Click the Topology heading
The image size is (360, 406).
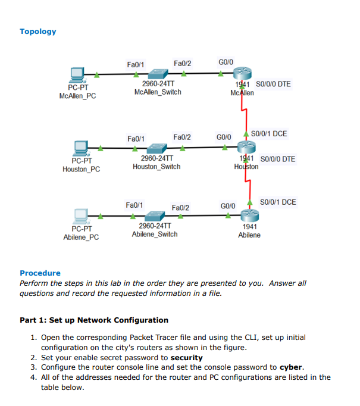click(38, 32)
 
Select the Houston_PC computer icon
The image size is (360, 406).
click(80, 147)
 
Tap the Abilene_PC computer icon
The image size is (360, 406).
click(80, 216)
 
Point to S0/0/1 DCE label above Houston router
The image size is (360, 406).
click(269, 133)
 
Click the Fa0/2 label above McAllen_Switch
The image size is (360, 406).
click(182, 63)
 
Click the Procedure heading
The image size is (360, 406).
click(40, 273)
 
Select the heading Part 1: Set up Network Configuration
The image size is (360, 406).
click(94, 320)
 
